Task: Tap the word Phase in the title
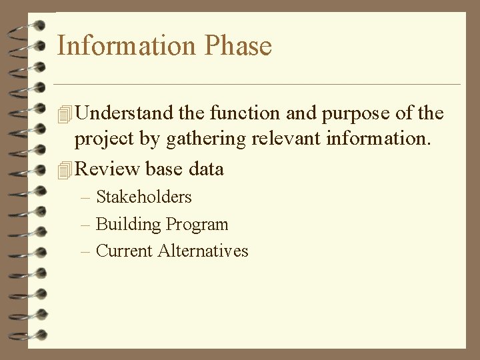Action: point(239,46)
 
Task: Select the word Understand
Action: point(125,113)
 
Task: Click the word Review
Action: point(107,169)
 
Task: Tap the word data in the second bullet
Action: point(206,169)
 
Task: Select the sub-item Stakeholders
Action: point(143,197)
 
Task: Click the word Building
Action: point(129,225)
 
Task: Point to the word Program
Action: point(197,225)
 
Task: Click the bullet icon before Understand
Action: point(64,114)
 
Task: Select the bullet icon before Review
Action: point(64,169)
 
